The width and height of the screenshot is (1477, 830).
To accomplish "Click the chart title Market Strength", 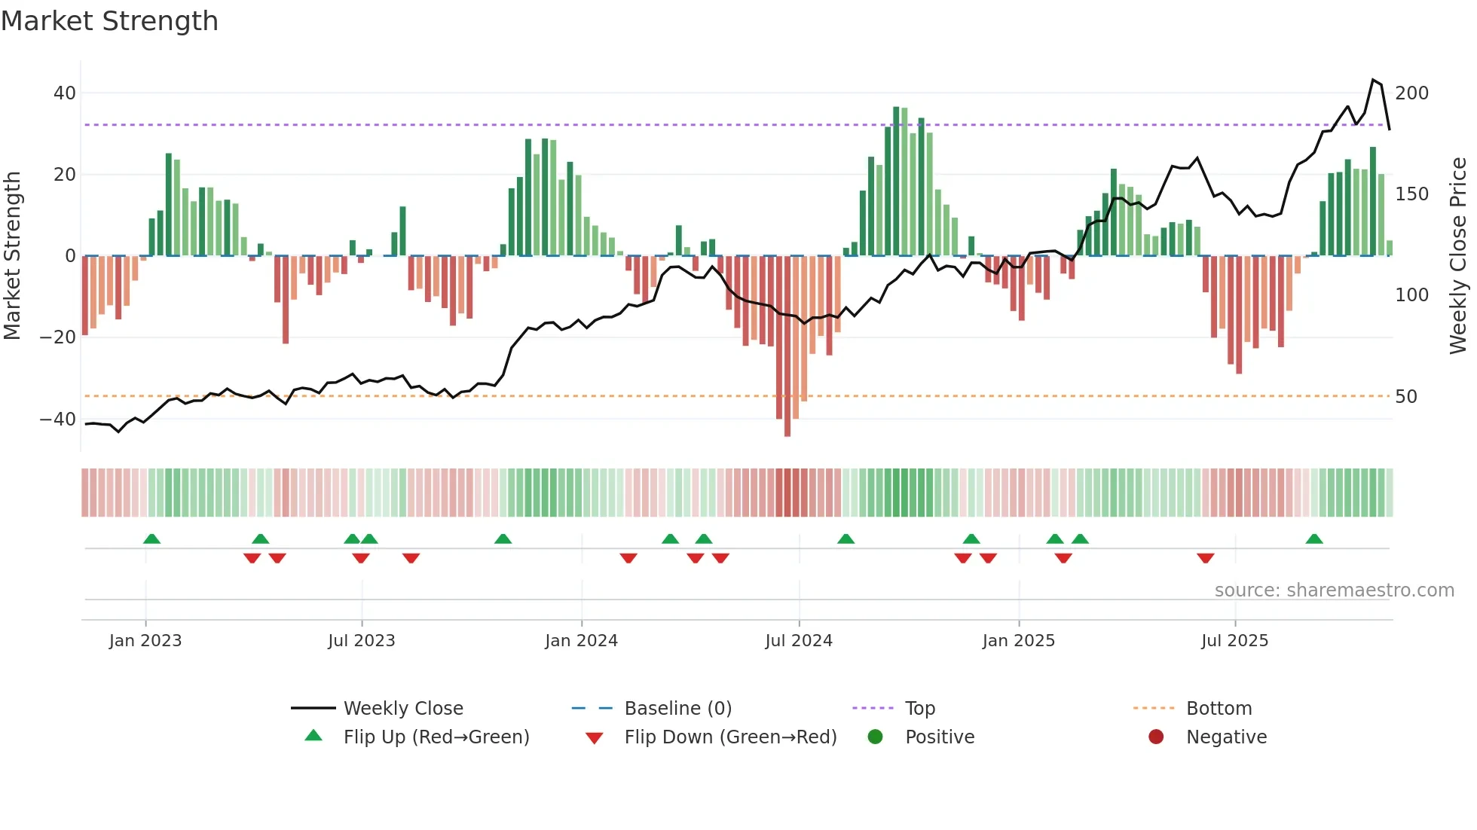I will [x=109, y=21].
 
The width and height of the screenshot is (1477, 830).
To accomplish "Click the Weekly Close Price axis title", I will [x=1458, y=256].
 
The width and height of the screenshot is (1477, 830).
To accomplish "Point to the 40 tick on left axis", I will [x=65, y=93].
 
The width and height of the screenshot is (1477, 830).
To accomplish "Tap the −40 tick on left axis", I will [x=58, y=419].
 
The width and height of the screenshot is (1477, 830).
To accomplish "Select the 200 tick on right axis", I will [x=1411, y=93].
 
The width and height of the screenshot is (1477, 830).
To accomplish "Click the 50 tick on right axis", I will [x=1406, y=396].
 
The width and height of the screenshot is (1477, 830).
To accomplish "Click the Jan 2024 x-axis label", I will [x=581, y=641].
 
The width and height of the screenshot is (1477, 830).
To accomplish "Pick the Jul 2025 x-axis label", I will [x=1234, y=641].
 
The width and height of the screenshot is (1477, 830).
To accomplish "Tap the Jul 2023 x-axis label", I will [x=361, y=641].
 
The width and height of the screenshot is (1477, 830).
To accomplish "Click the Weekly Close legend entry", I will [x=402, y=709].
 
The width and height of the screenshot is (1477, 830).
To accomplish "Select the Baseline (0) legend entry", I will [x=677, y=709].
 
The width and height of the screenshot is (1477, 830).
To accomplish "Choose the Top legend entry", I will [x=919, y=709].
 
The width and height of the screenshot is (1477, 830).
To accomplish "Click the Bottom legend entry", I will [x=1219, y=709].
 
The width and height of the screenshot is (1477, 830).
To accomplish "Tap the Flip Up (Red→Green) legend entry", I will [x=436, y=737].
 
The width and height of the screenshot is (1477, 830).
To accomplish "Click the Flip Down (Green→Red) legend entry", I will [x=729, y=737].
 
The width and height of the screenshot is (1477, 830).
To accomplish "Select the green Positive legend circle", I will [x=875, y=737].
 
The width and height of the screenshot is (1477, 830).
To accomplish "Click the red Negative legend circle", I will [x=1156, y=737].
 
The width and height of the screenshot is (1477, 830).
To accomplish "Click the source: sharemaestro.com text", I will [x=1334, y=590].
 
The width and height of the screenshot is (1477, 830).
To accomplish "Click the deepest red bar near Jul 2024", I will [x=787, y=346].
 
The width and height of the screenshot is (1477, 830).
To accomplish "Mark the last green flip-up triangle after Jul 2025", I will [x=1314, y=539].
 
